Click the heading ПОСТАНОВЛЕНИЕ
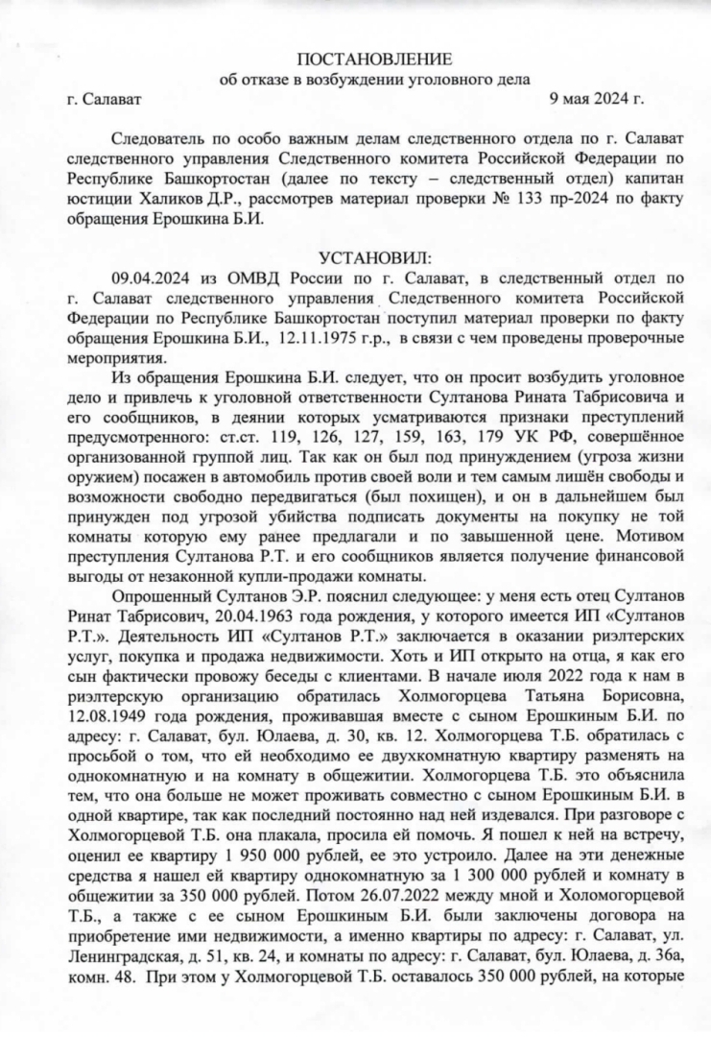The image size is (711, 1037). (x=373, y=60)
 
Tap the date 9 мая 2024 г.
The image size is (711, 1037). (x=596, y=98)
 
